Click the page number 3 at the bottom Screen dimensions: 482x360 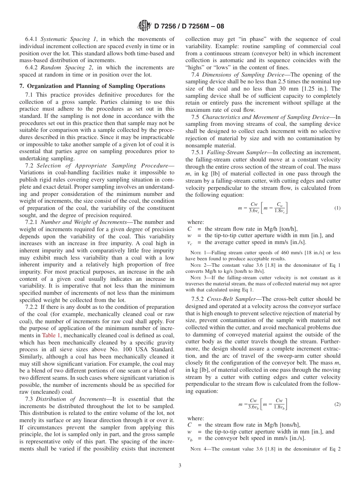tap(180, 465)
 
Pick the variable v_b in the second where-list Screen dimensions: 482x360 tap(191, 439)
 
